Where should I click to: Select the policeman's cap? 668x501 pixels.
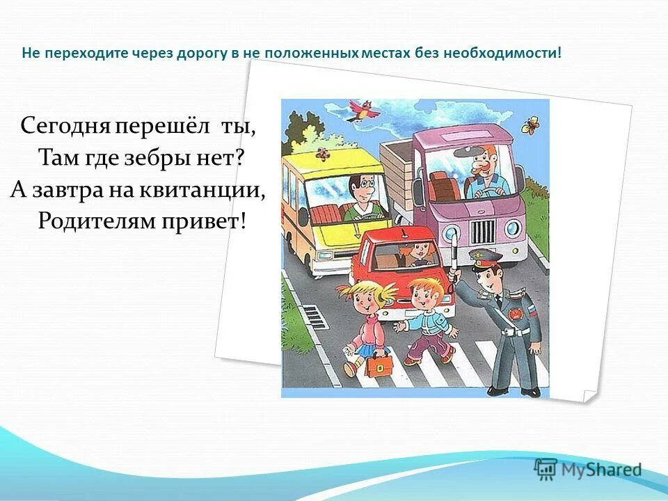point(484,259)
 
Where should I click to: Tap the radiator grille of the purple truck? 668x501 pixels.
point(484,230)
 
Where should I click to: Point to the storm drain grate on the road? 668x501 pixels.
point(315,319)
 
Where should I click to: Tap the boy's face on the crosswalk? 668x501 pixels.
point(424,296)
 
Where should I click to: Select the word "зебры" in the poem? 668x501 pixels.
point(168,157)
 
